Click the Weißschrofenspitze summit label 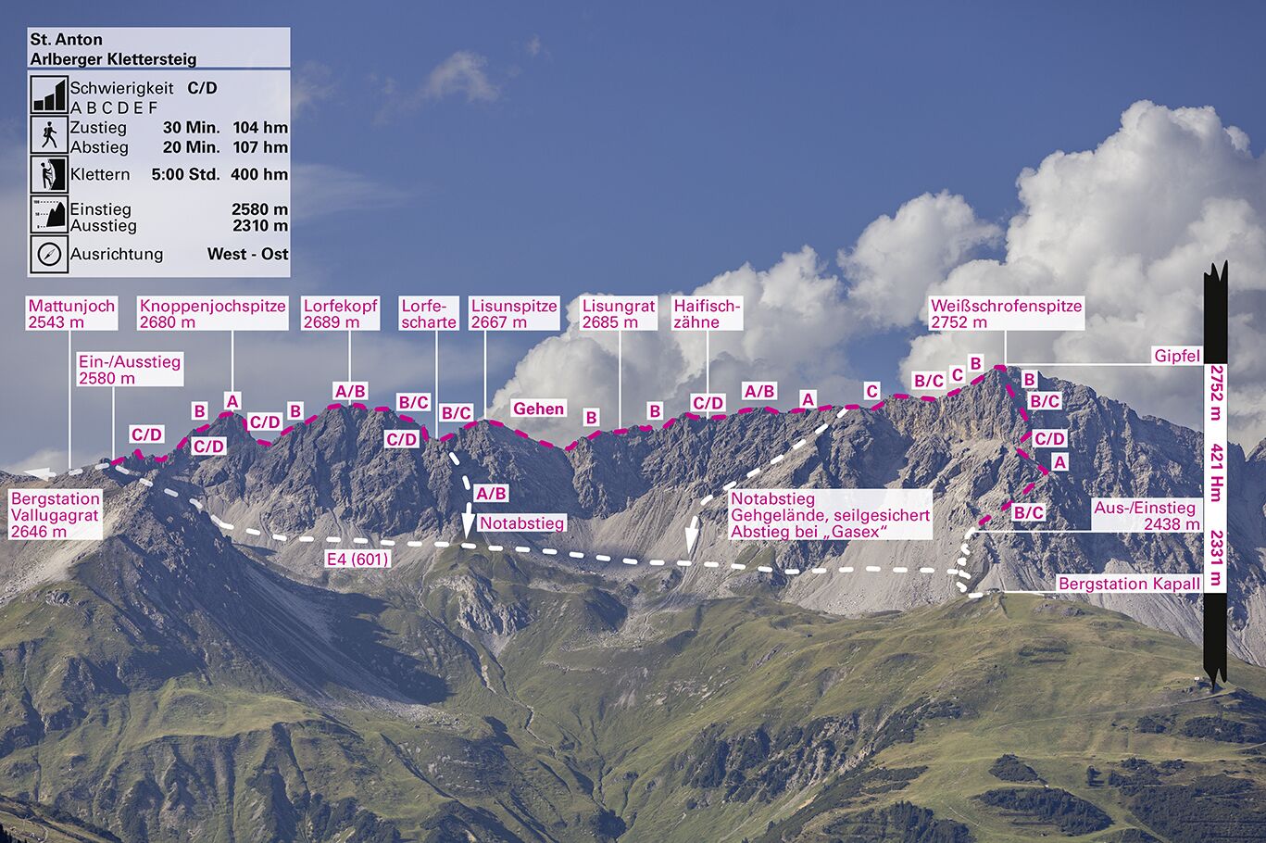pyautogui.click(x=1006, y=314)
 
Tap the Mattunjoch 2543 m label pyautogui.click(x=71, y=314)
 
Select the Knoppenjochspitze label pyautogui.click(x=212, y=314)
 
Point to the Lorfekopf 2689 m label pyautogui.click(x=341, y=314)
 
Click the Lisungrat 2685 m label pyautogui.click(x=618, y=314)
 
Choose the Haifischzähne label pyautogui.click(x=708, y=314)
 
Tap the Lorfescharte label pyautogui.click(x=429, y=314)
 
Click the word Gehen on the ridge pyautogui.click(x=538, y=409)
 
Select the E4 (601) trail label pyautogui.click(x=357, y=560)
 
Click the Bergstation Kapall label pyautogui.click(x=1129, y=584)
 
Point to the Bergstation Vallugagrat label pyautogui.click(x=55, y=515)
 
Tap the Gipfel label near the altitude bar pyautogui.click(x=1176, y=356)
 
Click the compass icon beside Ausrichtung pyautogui.click(x=49, y=254)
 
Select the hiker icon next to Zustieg pyautogui.click(x=49, y=135)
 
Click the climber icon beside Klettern pyautogui.click(x=49, y=174)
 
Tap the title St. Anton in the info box pyautogui.click(x=66, y=40)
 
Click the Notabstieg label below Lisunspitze pyautogui.click(x=521, y=523)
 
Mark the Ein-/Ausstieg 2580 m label pyautogui.click(x=130, y=370)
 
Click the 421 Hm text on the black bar pyautogui.click(x=1217, y=472)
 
